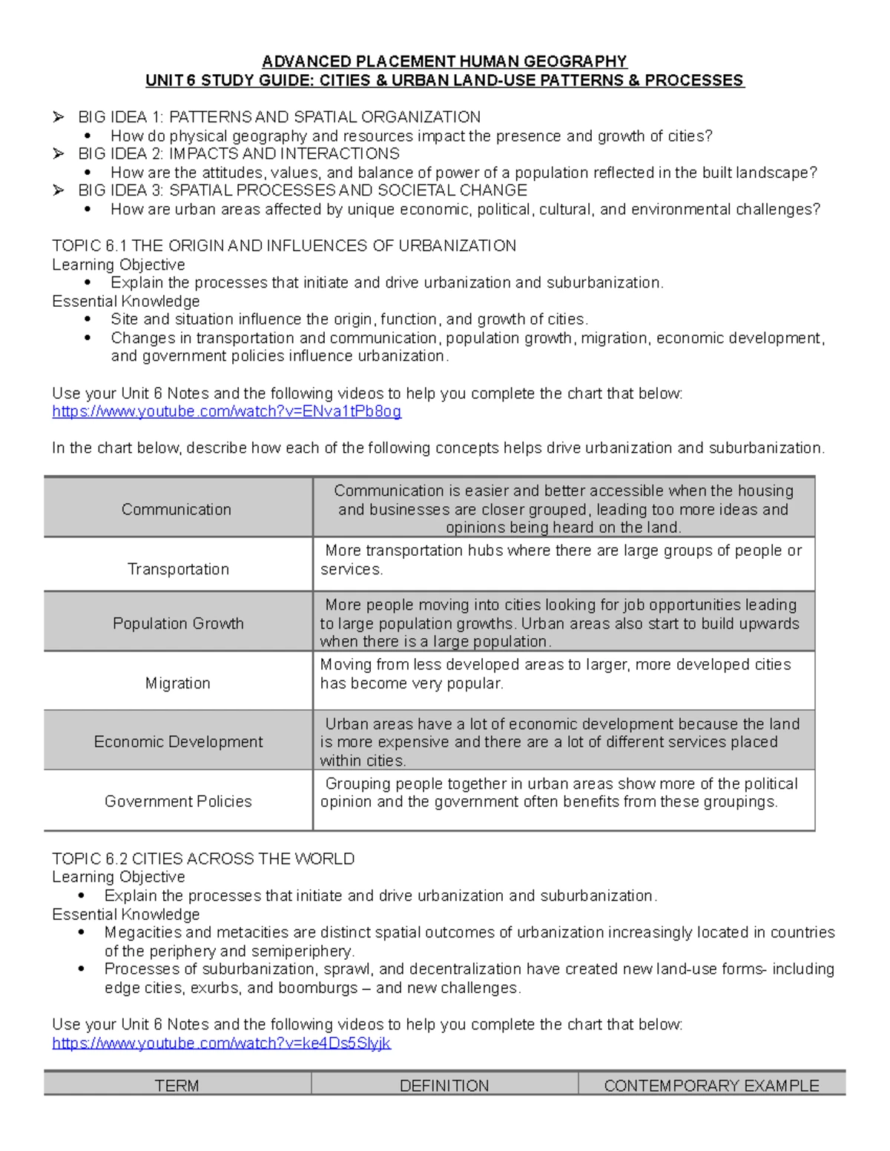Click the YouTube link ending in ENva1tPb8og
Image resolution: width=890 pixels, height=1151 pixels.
click(226, 412)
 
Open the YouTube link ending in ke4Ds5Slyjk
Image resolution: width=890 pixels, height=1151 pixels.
click(221, 1044)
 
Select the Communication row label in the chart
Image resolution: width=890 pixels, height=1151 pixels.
click(177, 509)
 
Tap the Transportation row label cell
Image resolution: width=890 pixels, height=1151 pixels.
click(178, 569)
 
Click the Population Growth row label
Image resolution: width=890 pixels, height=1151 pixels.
click(178, 623)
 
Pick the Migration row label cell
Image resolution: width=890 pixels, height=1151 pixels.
click(178, 683)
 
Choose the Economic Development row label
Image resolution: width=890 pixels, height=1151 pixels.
click(178, 742)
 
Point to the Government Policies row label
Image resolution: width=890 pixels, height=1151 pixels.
click(178, 801)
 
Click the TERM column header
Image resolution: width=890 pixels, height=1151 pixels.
click(177, 1086)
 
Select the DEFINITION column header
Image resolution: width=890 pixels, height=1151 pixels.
click(444, 1086)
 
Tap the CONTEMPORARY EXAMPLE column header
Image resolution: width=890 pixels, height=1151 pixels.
click(711, 1086)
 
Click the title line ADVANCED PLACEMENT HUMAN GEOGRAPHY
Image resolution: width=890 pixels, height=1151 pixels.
click(445, 62)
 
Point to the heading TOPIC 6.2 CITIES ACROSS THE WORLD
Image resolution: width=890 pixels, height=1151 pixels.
click(203, 859)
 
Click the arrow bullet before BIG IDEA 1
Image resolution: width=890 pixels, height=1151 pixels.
click(59, 117)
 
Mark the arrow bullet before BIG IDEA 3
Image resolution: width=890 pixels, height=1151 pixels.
click(59, 190)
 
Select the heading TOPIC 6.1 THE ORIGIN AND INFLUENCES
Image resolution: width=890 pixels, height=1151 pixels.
click(284, 246)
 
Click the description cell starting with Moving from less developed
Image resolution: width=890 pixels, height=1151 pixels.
click(563, 674)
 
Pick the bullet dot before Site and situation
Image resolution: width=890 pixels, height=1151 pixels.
click(88, 319)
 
